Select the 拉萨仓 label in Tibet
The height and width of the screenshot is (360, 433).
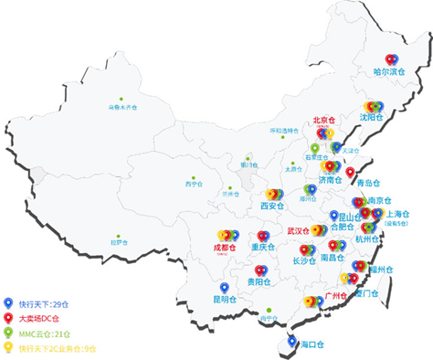tap(119, 242)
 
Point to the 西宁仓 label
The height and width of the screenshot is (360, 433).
tap(193, 184)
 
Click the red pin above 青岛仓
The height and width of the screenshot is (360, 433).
tap(350, 172)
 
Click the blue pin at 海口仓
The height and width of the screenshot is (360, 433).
tap(291, 341)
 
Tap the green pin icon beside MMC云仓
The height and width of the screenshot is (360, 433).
tap(9, 333)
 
